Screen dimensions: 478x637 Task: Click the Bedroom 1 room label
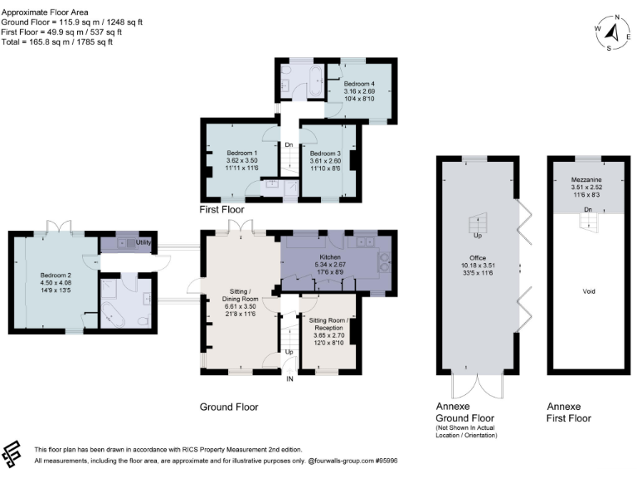[x=241, y=153]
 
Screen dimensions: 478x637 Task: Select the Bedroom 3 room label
[x=324, y=153]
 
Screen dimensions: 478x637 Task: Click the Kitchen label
[x=329, y=257]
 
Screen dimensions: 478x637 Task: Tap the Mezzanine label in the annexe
[x=586, y=179]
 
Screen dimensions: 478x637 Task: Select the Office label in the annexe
[x=479, y=256]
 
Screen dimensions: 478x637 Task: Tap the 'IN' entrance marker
[x=289, y=379]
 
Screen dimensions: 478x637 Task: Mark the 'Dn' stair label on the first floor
[x=289, y=145]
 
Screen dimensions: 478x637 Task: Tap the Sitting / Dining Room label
[x=244, y=295]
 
